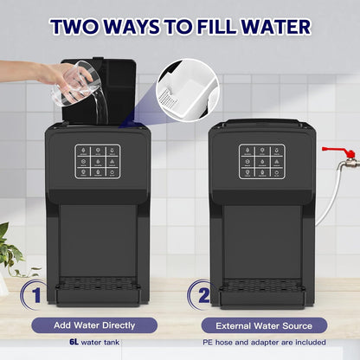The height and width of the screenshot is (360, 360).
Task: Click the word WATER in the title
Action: pos(267,26)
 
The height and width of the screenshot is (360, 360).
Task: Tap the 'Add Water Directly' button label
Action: pos(94,325)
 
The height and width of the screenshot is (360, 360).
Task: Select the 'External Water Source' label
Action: pos(264,325)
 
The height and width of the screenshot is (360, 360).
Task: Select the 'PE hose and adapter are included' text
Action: pos(264,343)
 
